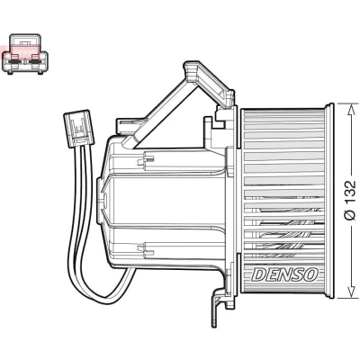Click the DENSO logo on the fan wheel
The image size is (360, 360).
284,274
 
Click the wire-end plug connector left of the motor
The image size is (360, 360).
78,129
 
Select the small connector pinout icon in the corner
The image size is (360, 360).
25,54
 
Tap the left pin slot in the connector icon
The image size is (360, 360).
14,62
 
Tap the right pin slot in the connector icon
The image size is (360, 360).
35,62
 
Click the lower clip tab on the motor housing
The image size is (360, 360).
146,248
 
